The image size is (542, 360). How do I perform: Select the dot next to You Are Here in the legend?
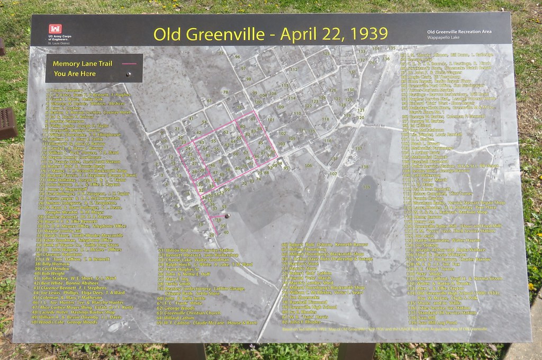pyautogui.click(x=128, y=74)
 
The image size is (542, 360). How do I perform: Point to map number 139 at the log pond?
pyautogui.click(x=365, y=187)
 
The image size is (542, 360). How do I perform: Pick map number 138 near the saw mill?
pyautogui.click(x=364, y=167)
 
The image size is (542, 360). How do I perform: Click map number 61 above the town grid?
pyautogui.click(x=209, y=101)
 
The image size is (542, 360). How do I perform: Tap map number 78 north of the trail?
pyautogui.click(x=225, y=92)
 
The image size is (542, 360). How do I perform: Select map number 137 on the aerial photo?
pyautogui.click(x=358, y=149)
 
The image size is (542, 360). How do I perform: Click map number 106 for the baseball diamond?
pyautogui.click(x=309, y=166)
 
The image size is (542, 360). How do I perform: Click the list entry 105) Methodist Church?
pyautogui.click(x=428, y=157)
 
